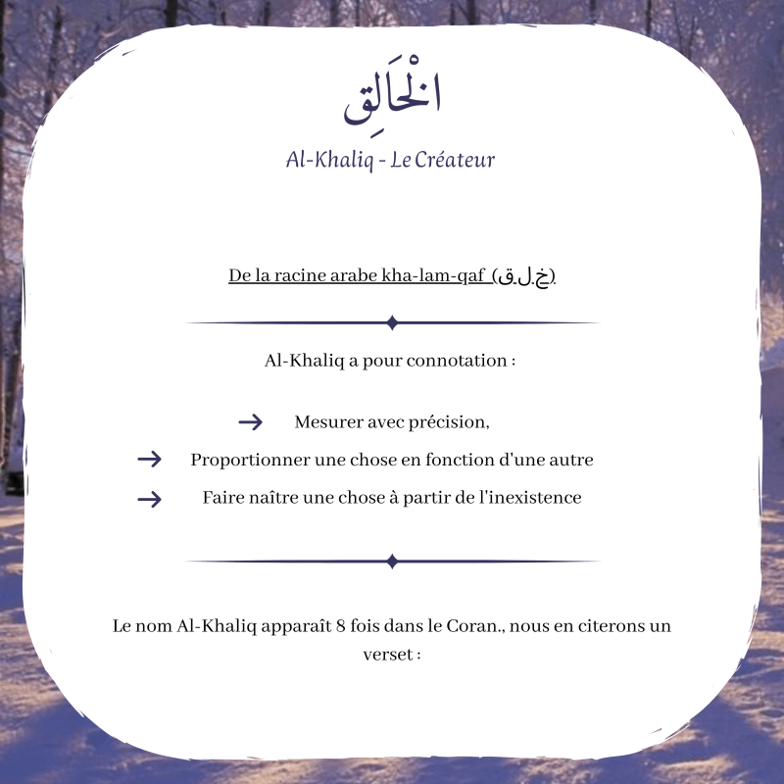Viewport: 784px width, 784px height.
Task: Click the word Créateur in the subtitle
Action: click(x=455, y=160)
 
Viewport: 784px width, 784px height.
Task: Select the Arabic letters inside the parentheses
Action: click(x=524, y=277)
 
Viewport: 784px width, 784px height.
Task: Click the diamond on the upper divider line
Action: click(x=392, y=322)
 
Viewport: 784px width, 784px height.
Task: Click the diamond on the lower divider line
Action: click(x=392, y=562)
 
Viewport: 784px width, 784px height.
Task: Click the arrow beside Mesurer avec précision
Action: click(x=251, y=422)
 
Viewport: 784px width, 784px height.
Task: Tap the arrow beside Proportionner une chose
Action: click(x=149, y=460)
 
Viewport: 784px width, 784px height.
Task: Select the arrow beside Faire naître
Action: click(x=149, y=499)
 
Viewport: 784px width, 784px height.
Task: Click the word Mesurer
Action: click(x=325, y=422)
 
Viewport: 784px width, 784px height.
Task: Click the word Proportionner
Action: click(x=247, y=460)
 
